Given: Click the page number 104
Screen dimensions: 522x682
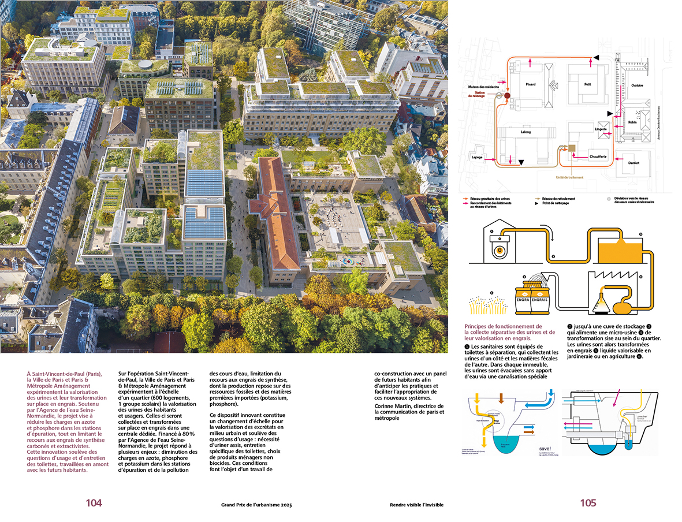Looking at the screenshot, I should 94,503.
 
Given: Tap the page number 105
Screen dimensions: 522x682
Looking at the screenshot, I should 588,503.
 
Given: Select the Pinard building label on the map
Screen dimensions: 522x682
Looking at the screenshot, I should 530,84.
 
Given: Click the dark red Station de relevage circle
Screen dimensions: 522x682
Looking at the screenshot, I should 508,96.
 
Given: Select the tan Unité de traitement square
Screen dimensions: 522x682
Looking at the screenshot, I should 572,148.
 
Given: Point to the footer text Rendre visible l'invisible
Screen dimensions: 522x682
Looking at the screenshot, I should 416,505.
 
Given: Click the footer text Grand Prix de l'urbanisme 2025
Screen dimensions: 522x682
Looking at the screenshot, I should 256,505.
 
